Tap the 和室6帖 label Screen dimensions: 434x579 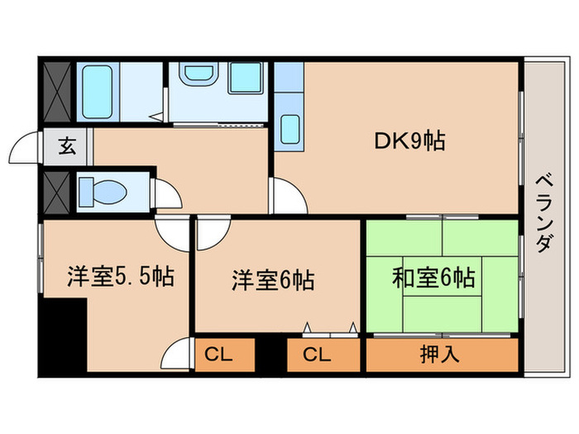click(434, 278)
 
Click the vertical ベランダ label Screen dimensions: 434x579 click(543, 213)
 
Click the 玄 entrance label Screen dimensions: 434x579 click(66, 150)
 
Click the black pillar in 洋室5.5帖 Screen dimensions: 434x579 click(64, 336)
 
